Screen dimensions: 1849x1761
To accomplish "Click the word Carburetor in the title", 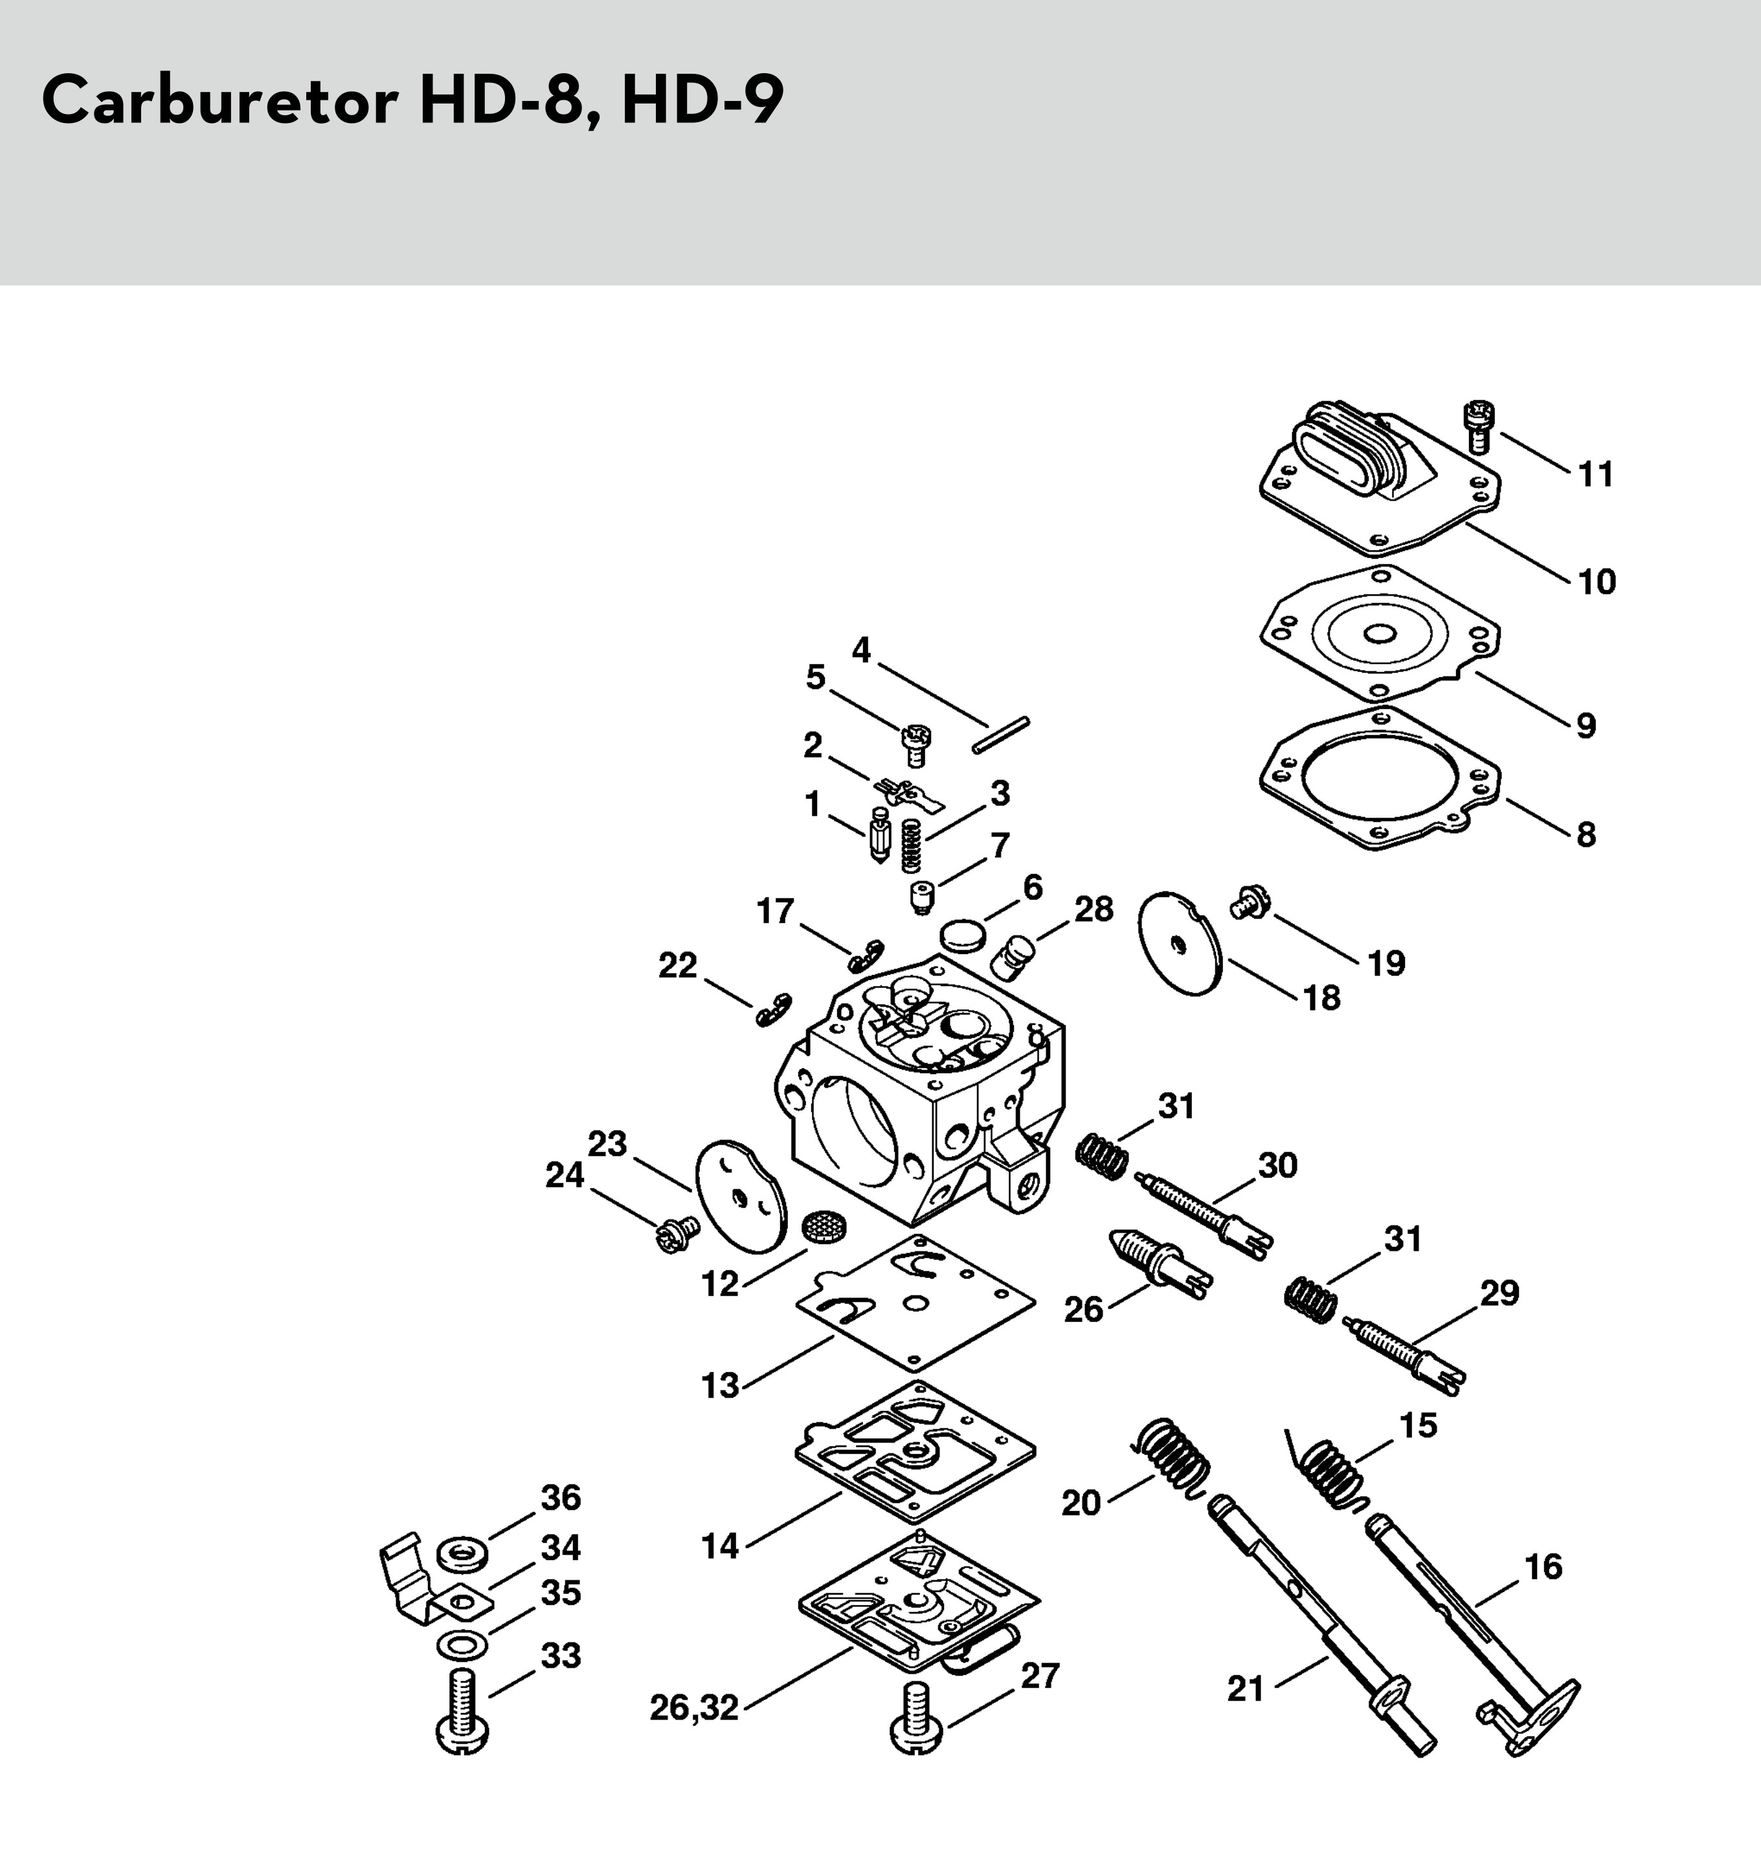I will click(x=219, y=102).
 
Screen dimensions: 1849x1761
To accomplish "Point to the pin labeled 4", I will click(x=1001, y=735).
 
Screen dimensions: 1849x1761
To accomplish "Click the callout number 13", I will click(x=720, y=1385).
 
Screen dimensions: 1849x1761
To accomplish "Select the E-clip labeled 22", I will click(x=774, y=1008).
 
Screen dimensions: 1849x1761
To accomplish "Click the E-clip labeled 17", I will click(x=864, y=954).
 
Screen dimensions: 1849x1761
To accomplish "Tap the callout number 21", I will click(x=1246, y=1690).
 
